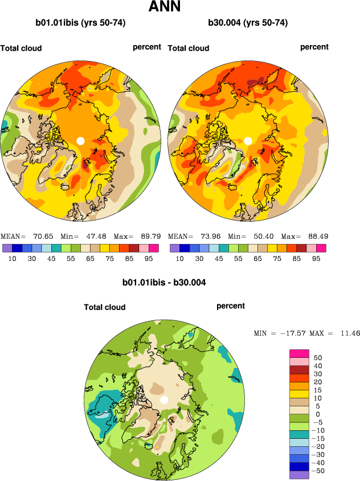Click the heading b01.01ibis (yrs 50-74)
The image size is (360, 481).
[x=80, y=23]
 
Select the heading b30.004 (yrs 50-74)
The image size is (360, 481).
[x=248, y=23]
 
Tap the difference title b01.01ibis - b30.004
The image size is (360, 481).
[x=164, y=282]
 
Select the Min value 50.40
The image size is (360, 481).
[x=263, y=236]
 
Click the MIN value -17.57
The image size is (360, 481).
[x=291, y=333]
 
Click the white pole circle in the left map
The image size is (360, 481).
[x=80, y=141]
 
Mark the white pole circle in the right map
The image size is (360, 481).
[x=248, y=141]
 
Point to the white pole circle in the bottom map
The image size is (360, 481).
[x=164, y=400]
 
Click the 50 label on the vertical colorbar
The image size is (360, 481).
[x=318, y=357]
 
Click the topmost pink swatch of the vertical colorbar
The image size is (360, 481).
[x=299, y=353]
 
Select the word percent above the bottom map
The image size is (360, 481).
[x=231, y=306]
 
